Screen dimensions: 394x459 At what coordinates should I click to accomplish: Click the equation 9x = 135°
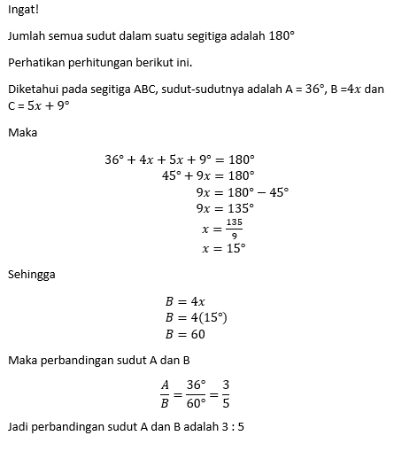click(224, 208)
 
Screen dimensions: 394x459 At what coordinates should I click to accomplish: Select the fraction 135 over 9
click(234, 228)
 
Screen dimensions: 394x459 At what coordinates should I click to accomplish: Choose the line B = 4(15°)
click(197, 318)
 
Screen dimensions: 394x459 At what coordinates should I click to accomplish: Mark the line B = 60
click(186, 335)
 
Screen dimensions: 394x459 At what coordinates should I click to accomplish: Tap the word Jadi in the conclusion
click(18, 426)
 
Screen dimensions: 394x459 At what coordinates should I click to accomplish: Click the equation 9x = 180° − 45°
click(242, 191)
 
